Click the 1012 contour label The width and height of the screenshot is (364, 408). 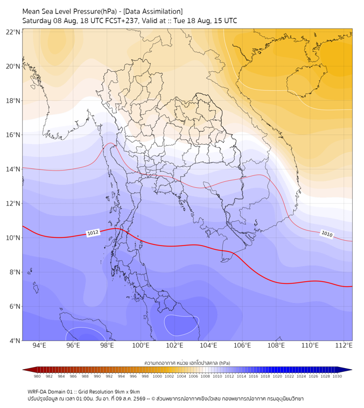(x=93, y=233)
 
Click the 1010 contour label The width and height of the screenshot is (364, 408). (x=327, y=234)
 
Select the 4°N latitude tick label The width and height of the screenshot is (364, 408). (x=15, y=341)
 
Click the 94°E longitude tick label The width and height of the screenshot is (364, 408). (x=39, y=345)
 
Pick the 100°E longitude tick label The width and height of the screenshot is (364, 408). (x=141, y=345)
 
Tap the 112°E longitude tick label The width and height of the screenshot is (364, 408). (x=344, y=345)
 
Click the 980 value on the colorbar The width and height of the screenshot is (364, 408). (x=37, y=376)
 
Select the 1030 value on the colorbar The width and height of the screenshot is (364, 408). (x=337, y=376)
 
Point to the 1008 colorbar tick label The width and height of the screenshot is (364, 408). (x=205, y=376)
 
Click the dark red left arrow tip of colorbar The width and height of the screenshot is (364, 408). (x=23, y=370)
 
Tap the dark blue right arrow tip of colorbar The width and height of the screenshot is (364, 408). (x=352, y=370)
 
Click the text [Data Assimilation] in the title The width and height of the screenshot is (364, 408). (x=153, y=11)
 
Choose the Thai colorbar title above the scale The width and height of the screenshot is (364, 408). (x=187, y=363)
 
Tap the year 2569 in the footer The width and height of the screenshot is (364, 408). (x=139, y=399)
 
